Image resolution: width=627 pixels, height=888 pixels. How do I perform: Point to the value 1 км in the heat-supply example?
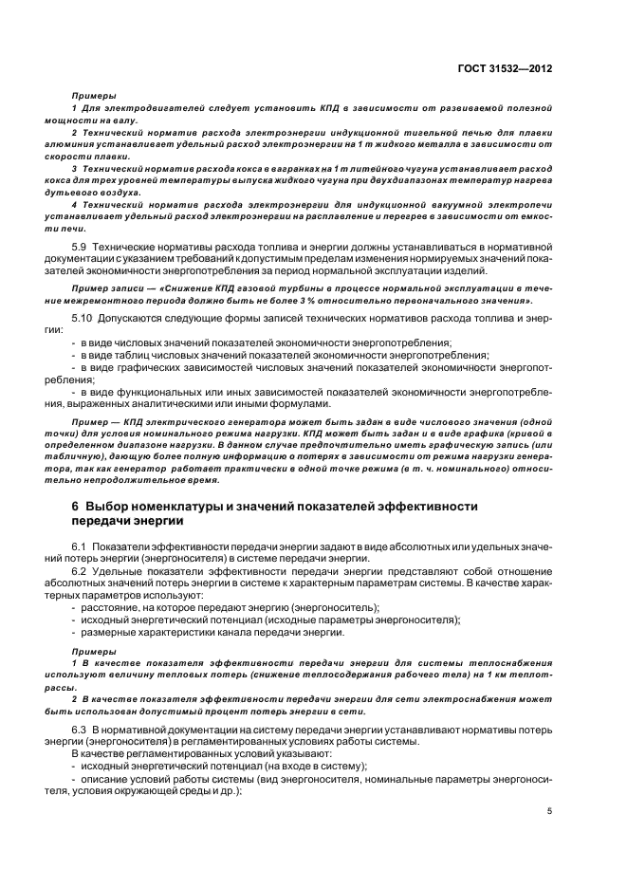[x=517, y=675]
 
